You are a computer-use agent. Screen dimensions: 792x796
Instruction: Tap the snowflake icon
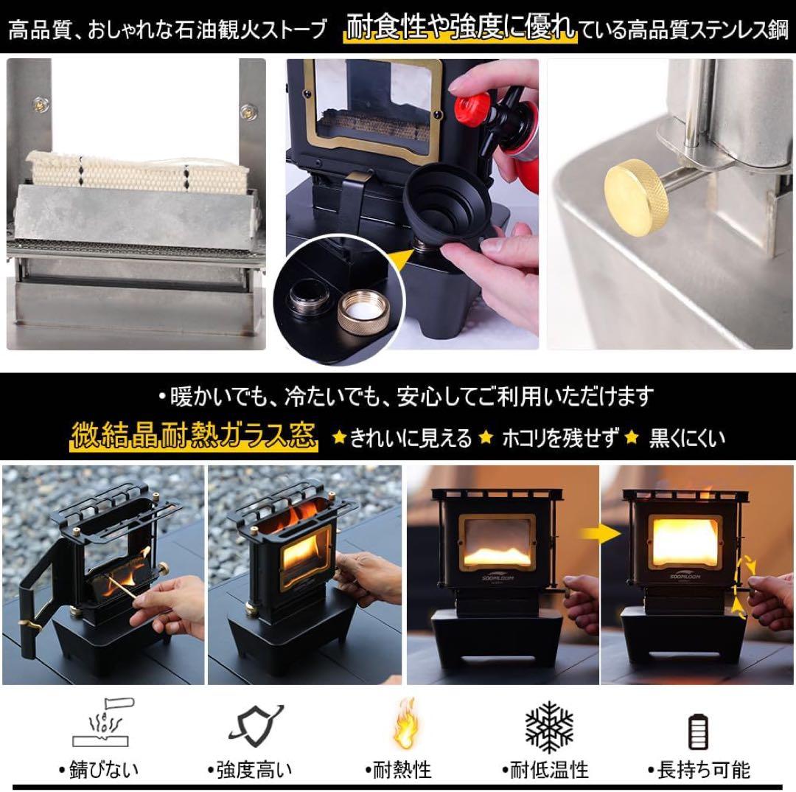pos(549,727)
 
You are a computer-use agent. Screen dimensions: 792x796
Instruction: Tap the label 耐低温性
pos(545,771)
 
